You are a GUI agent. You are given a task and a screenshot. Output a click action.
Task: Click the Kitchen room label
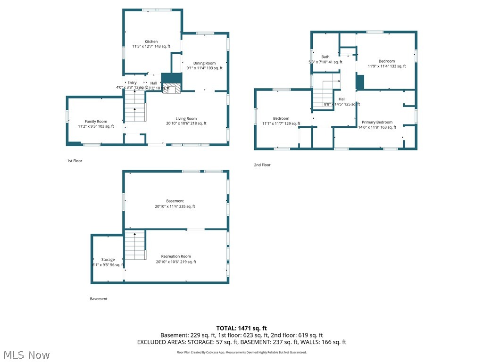(x=151, y=41)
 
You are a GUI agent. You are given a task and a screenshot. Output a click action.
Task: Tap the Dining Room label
(x=204, y=63)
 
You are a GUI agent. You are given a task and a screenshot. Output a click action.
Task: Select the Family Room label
(x=96, y=122)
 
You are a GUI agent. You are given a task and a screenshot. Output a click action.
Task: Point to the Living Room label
(x=186, y=119)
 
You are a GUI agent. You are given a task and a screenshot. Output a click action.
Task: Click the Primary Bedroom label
(x=377, y=122)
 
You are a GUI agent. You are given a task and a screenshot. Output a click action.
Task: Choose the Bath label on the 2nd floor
(x=325, y=57)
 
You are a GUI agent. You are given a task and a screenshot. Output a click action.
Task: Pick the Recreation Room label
(x=176, y=256)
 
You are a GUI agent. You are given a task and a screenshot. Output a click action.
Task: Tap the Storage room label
(x=108, y=260)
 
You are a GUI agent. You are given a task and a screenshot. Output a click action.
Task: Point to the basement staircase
(x=135, y=245)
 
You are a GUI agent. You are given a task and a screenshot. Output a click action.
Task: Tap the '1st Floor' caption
(x=75, y=161)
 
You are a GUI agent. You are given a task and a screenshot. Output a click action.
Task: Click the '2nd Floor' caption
(x=262, y=165)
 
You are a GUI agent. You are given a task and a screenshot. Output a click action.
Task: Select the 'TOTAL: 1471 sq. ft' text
(x=241, y=328)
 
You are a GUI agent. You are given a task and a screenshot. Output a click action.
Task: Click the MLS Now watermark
(x=26, y=354)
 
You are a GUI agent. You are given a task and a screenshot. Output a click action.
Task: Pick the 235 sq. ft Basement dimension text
(x=175, y=206)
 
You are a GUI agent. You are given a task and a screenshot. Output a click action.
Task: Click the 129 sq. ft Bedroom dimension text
(x=281, y=123)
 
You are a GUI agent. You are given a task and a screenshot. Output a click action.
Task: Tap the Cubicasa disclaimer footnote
(x=241, y=352)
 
